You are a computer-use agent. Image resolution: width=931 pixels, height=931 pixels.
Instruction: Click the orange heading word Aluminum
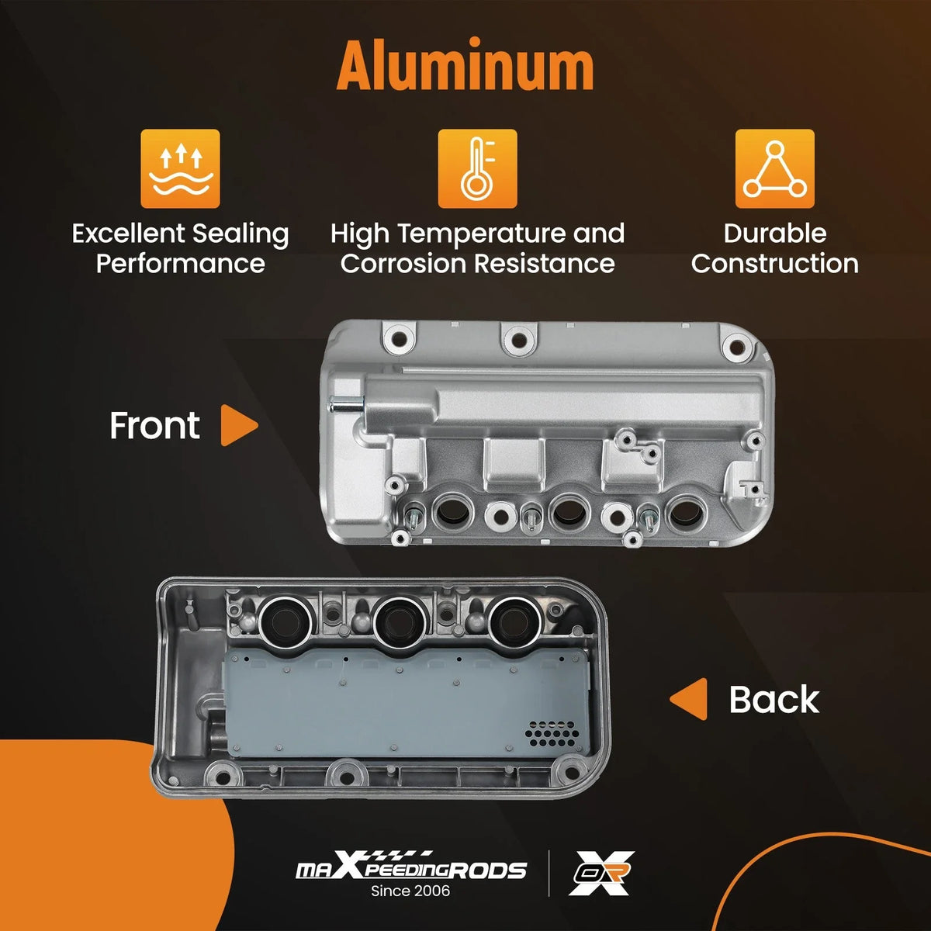(465, 64)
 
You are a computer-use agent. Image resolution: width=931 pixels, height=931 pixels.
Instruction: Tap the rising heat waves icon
(180, 168)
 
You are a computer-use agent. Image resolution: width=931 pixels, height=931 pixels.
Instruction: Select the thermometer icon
(477, 168)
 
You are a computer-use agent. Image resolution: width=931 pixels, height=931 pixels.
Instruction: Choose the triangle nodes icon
(774, 168)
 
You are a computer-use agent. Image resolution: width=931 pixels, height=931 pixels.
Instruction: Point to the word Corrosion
(404, 264)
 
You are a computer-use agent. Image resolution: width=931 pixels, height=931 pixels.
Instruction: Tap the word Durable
(774, 234)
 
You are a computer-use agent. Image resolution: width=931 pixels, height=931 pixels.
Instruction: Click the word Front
(154, 426)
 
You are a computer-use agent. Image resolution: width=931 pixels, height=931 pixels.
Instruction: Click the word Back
(774, 699)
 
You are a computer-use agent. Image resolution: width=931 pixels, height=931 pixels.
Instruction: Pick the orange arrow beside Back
(689, 698)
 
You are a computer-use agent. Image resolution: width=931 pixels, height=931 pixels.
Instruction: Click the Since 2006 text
(410, 891)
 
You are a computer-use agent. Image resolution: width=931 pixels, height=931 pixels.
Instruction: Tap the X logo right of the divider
(601, 873)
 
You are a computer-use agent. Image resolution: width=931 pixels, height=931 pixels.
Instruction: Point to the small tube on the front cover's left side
(344, 404)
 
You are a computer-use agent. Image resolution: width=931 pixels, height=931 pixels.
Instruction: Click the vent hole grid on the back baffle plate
(552, 734)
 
